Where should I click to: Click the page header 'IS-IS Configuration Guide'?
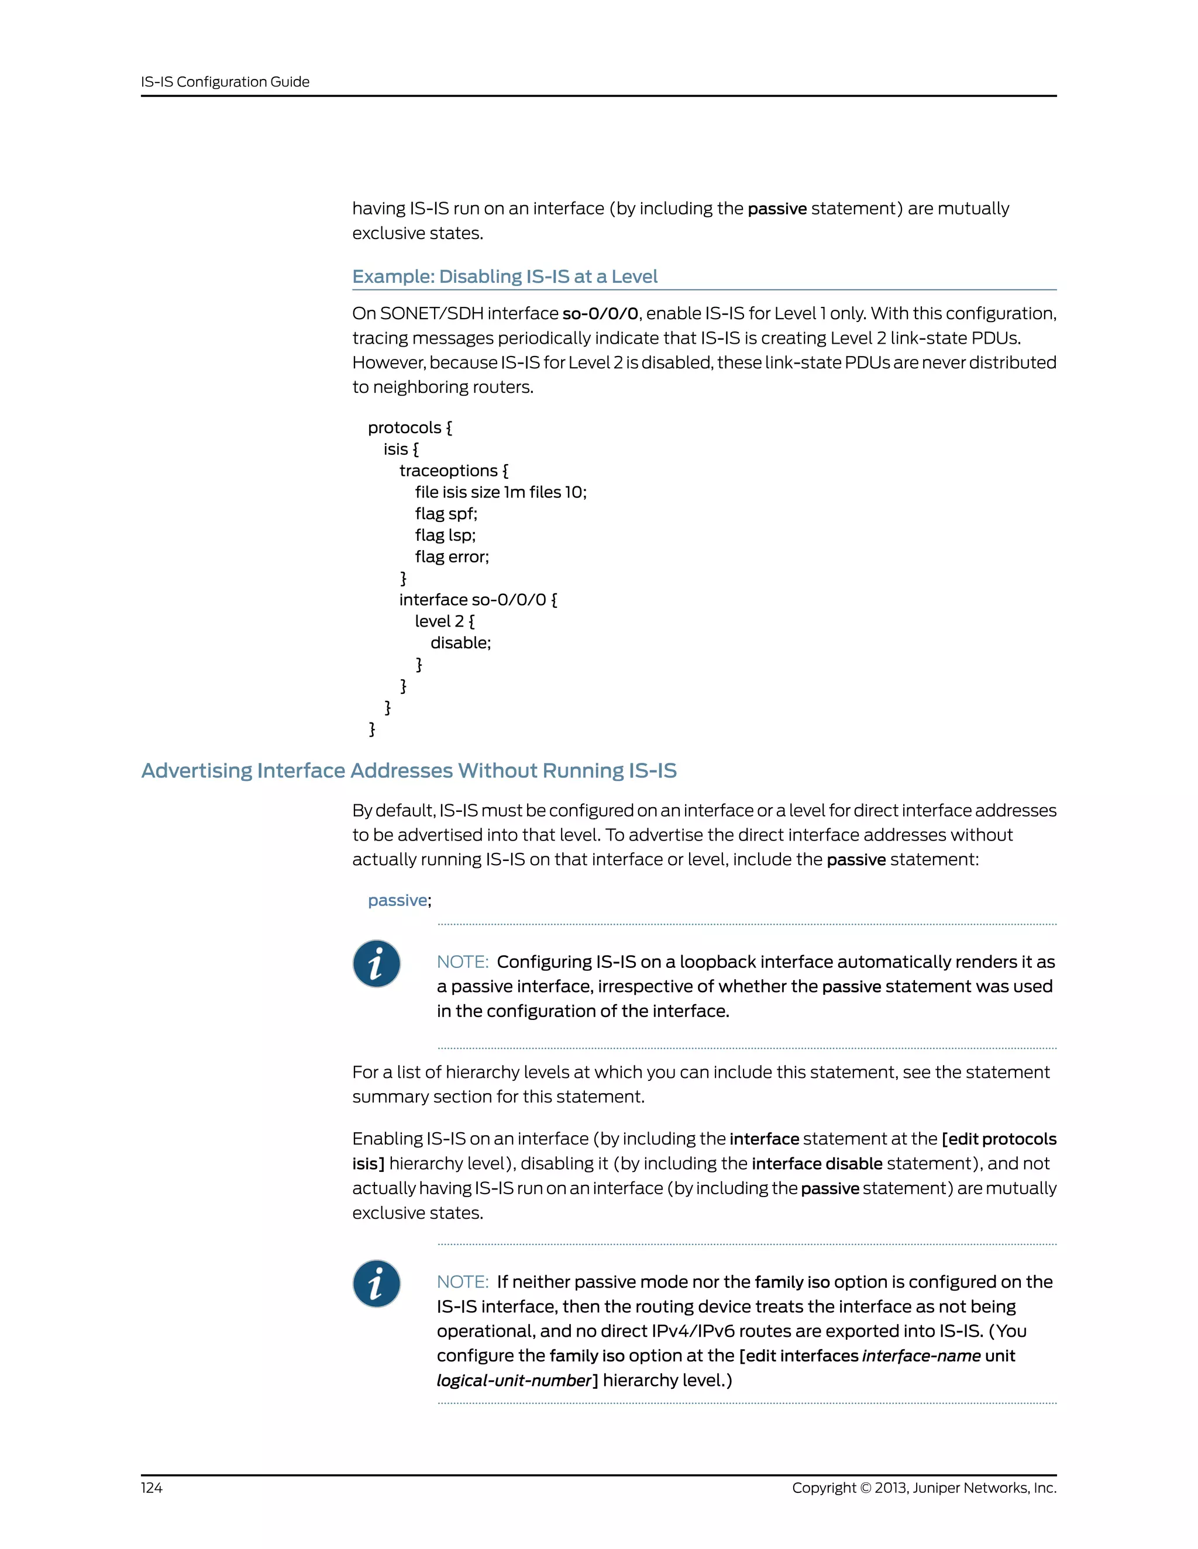pos(225,82)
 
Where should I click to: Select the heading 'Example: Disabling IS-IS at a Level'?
pos(505,276)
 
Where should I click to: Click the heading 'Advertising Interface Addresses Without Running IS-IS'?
pos(409,770)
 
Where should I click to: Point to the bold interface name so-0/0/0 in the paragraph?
pos(600,313)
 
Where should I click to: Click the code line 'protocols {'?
pos(409,428)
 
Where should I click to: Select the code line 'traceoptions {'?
pos(453,471)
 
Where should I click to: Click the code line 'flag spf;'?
pos(446,513)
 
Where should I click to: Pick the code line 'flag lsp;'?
pos(445,535)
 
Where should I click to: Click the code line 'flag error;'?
pos(452,556)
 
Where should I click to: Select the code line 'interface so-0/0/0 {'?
pos(478,600)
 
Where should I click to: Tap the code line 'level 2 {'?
pos(445,621)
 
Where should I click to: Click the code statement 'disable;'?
pos(460,642)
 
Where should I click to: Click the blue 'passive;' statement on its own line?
pos(399,900)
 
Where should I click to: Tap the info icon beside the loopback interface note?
pos(376,964)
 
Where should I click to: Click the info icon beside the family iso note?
pos(376,1284)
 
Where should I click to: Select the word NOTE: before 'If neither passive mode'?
pos(462,1282)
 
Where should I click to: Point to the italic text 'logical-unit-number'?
pos(514,1380)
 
